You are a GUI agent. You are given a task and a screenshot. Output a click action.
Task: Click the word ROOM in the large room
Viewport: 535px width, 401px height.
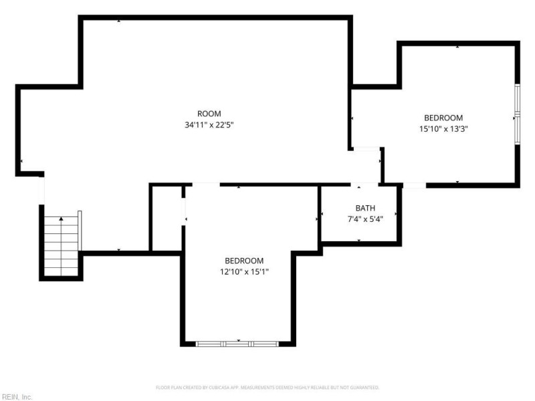(209, 114)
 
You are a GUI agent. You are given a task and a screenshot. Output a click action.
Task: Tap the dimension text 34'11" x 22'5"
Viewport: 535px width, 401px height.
(209, 125)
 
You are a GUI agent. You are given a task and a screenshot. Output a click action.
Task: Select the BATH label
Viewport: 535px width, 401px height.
(365, 208)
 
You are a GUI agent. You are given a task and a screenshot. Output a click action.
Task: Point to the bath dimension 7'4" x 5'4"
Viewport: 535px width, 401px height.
(365, 219)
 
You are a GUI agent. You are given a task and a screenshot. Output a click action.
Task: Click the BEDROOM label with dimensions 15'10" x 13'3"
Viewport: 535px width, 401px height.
(443, 118)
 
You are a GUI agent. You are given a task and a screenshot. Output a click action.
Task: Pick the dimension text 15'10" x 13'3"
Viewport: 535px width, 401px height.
(443, 130)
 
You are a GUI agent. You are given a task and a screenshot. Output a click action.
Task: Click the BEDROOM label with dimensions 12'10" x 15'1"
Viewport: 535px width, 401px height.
(243, 261)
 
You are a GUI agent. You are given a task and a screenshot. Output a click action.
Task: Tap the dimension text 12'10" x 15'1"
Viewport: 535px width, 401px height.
(243, 272)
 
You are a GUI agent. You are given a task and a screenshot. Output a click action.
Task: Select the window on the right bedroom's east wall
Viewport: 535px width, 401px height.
(516, 114)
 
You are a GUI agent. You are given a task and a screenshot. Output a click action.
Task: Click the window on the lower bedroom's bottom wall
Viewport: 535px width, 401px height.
(237, 344)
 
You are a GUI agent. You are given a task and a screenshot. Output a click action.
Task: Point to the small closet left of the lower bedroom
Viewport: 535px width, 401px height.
(167, 219)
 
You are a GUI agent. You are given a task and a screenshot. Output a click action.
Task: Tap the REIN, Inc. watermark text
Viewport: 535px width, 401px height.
(17, 397)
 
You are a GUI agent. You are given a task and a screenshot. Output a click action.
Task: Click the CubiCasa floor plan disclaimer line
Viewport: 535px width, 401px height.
(267, 388)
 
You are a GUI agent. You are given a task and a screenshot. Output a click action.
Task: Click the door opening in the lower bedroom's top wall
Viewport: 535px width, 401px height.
(205, 184)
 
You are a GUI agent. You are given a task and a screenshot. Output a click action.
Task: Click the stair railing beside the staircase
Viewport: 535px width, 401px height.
(80, 231)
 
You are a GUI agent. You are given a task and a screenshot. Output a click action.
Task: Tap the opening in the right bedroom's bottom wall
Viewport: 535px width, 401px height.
(414, 184)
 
